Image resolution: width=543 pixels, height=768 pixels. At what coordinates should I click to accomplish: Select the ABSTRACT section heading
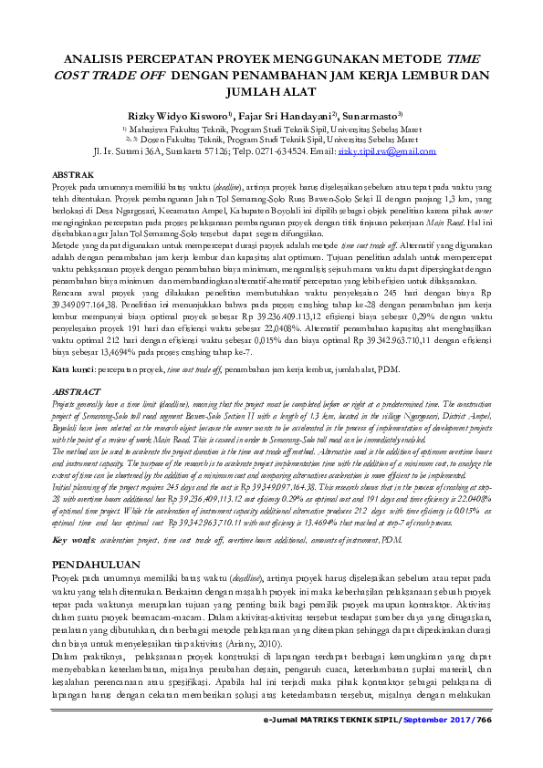pyautogui.click(x=77, y=390)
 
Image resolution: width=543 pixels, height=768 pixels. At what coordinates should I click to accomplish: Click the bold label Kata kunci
pyautogui.click(x=72, y=368)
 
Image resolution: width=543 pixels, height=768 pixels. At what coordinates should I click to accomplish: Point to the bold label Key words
pyautogui.click(x=73, y=514)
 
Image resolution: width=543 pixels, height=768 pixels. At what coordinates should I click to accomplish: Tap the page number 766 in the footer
pyautogui.click(x=484, y=745)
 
